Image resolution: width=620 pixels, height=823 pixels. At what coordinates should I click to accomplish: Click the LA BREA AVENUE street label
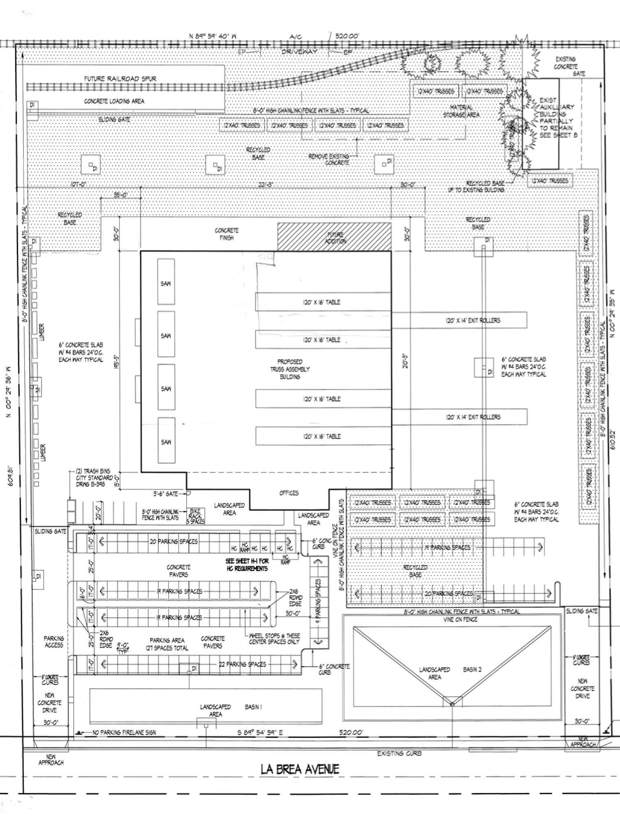300,769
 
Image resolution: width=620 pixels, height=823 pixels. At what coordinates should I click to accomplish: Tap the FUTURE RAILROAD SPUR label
120,79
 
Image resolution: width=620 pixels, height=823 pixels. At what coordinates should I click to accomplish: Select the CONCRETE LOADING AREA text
114,101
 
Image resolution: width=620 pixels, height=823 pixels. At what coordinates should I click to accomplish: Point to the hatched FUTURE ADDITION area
334,237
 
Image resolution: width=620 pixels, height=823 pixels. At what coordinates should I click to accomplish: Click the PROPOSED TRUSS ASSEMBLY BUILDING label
290,369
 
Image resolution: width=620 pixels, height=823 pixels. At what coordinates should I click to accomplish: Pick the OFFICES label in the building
289,493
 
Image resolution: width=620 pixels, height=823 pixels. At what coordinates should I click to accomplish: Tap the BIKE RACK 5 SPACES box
196,516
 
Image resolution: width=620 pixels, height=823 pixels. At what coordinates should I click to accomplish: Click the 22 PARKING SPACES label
242,664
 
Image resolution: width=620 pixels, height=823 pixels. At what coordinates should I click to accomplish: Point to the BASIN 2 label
472,670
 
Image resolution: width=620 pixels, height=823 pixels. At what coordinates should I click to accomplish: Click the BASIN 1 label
253,707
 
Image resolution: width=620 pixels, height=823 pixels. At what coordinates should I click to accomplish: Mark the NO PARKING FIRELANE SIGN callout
124,732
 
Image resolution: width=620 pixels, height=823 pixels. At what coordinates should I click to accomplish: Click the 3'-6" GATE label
166,493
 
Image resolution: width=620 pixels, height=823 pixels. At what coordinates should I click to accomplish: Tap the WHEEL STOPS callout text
274,639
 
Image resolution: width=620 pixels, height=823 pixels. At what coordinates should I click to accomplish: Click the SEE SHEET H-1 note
247,565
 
